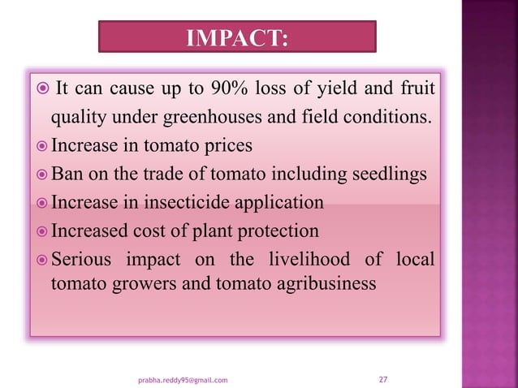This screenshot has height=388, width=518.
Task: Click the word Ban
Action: [67, 174]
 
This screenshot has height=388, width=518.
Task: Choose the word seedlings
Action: [386, 174]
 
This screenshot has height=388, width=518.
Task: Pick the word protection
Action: [278, 230]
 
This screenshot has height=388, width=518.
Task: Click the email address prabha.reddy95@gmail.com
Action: [183, 379]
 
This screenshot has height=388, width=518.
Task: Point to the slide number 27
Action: [384, 378]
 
